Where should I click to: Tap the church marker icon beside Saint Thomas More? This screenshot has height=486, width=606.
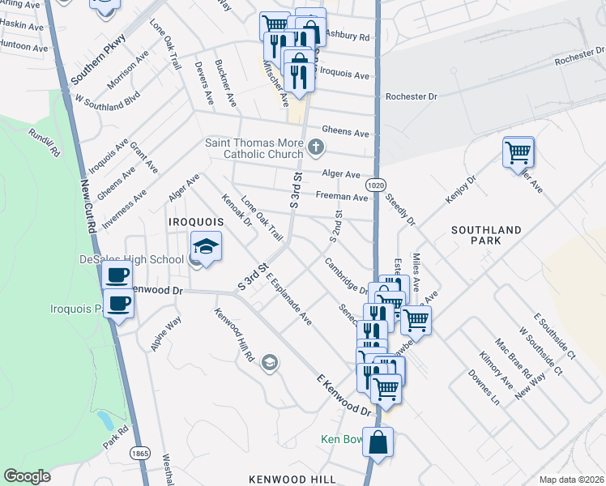point(316,147)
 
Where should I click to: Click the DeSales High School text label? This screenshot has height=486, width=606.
point(131,259)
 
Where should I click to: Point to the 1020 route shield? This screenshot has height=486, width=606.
point(375,185)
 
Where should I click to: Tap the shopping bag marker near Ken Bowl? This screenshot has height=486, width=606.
point(378,442)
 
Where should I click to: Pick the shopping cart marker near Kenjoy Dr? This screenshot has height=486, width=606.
point(518,151)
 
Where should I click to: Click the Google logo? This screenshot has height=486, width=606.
point(27,476)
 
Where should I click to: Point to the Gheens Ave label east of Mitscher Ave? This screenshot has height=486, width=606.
point(345,132)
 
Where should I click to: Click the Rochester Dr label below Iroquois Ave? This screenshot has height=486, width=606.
point(411,96)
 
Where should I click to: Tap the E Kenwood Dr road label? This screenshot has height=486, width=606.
point(343,396)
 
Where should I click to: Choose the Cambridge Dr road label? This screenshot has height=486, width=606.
point(346,275)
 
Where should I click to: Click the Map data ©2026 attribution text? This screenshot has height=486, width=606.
point(570,480)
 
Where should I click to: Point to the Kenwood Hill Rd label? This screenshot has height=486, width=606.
point(235,335)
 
